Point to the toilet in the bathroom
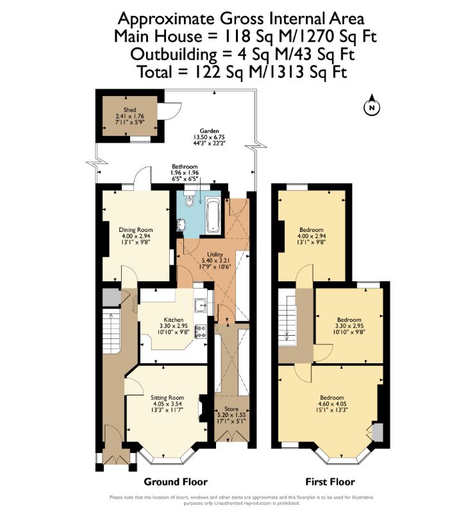(188, 200)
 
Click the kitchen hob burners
(200, 331)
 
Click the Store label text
(231, 408)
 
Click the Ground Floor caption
(171, 482)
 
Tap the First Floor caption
(329, 482)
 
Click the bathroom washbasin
(181, 225)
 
